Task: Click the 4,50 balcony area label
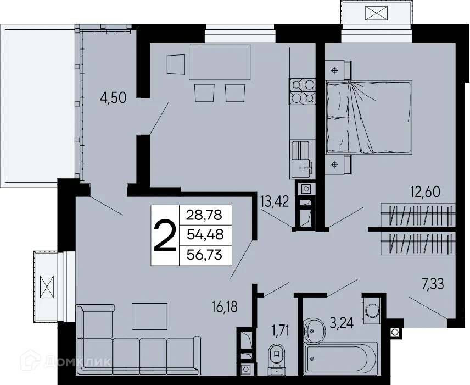(x=114, y=98)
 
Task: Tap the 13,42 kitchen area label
(x=273, y=200)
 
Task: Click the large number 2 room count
(x=164, y=235)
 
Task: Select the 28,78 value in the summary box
(x=205, y=213)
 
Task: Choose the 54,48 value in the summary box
(x=205, y=234)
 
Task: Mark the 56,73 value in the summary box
(x=205, y=255)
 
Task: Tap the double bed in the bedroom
(x=368, y=116)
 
